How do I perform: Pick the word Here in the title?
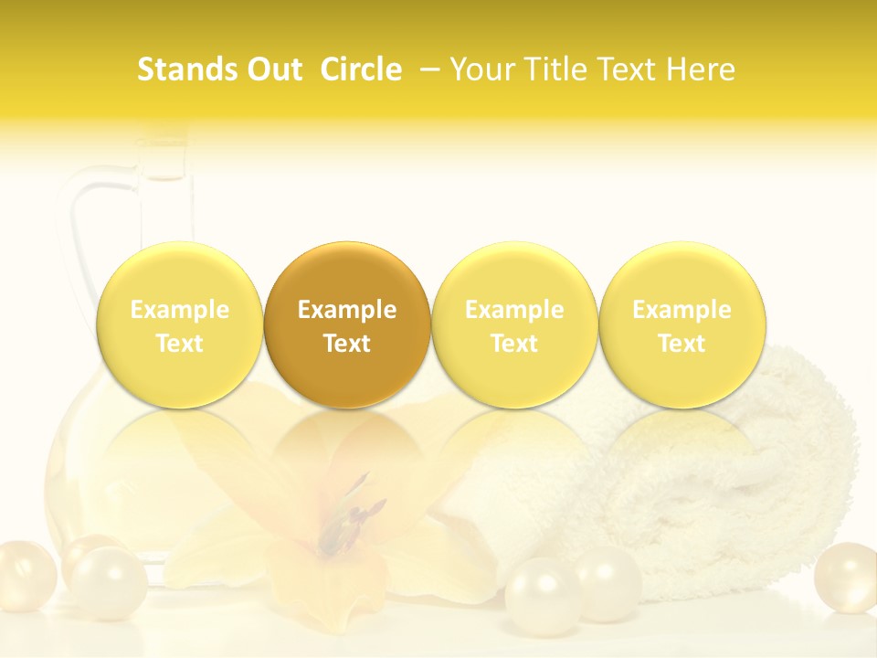[700, 69]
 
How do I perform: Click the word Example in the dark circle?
[347, 310]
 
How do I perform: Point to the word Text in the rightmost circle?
[682, 344]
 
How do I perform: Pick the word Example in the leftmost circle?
[180, 310]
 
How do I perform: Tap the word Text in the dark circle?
[347, 344]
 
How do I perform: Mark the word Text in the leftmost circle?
[180, 344]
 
